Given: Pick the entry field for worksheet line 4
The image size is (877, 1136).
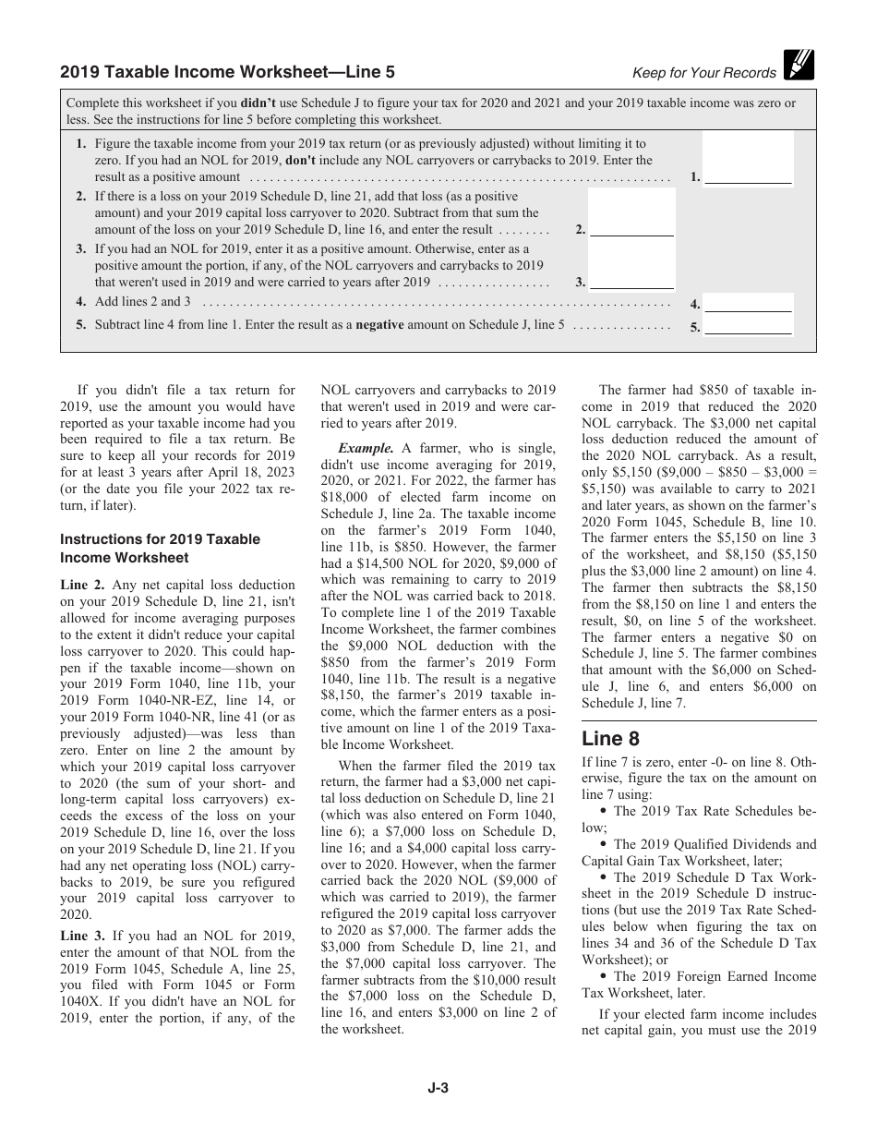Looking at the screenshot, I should pos(748,303).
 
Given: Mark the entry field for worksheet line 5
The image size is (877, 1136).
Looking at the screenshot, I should pos(748,326).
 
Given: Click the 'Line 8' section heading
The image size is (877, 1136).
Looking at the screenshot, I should pos(609,739).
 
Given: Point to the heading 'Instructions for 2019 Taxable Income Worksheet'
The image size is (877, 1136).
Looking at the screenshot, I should pos(160,549).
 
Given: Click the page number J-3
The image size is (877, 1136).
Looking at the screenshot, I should pos(438,1089).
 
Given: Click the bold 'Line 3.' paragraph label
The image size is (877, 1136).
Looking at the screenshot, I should pos(83,936).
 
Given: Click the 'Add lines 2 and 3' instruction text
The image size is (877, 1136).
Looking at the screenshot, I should pos(143,302).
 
